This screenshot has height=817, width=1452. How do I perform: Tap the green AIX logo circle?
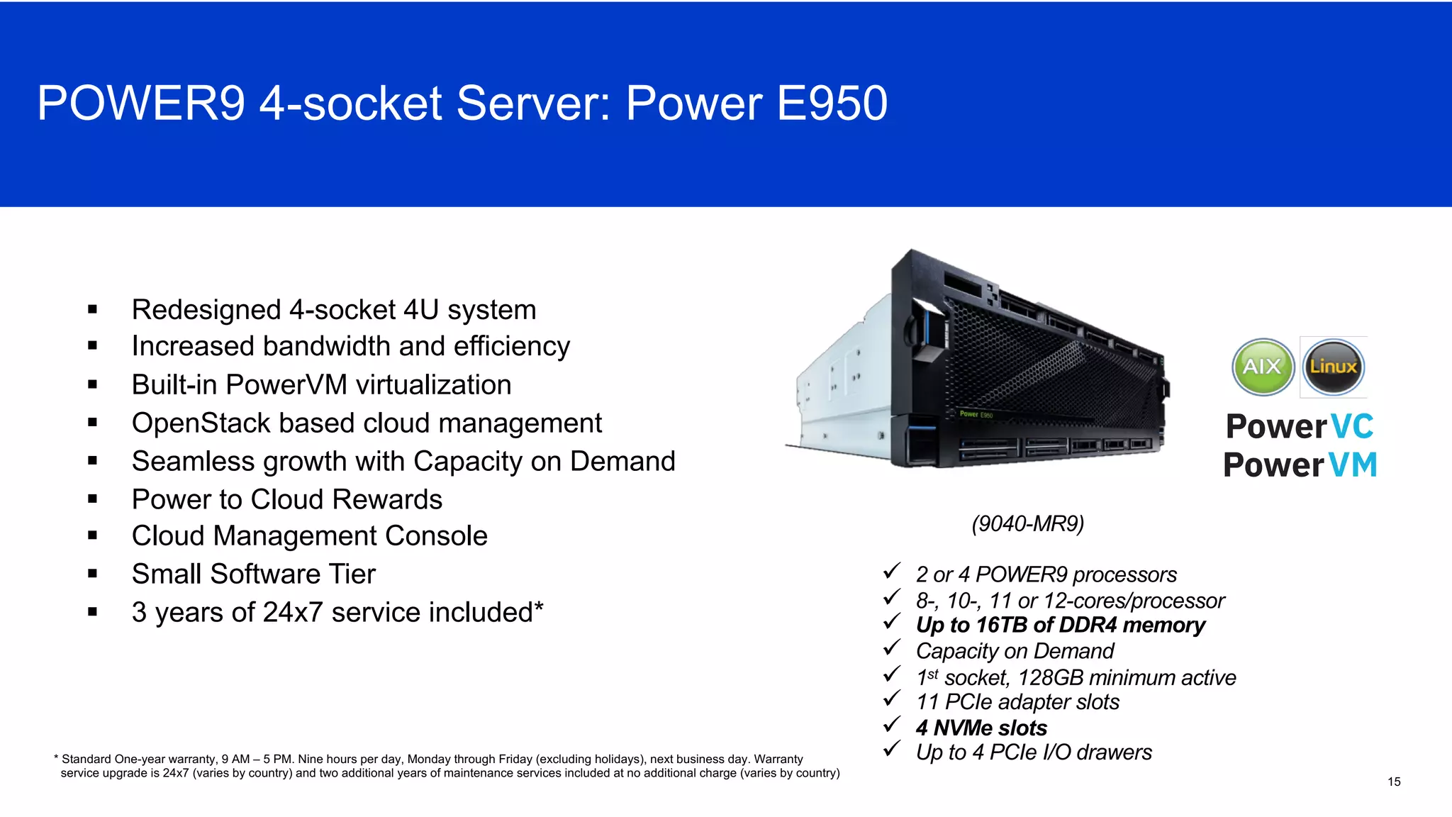(1263, 367)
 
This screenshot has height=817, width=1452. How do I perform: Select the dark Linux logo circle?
(1334, 367)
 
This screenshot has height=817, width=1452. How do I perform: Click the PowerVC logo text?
(1300, 427)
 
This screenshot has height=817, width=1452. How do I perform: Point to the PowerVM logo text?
(1300, 465)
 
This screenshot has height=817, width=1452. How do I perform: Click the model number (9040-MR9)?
(1027, 523)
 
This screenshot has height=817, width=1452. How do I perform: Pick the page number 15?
(1394, 782)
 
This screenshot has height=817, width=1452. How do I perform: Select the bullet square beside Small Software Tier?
(92, 574)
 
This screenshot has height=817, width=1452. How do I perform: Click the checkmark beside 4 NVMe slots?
(892, 725)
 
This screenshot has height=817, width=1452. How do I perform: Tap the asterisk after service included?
(539, 607)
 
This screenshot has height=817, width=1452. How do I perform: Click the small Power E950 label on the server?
(976, 414)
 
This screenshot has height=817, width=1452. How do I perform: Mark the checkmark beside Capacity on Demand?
(892, 648)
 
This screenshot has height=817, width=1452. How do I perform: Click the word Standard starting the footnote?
(86, 759)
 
